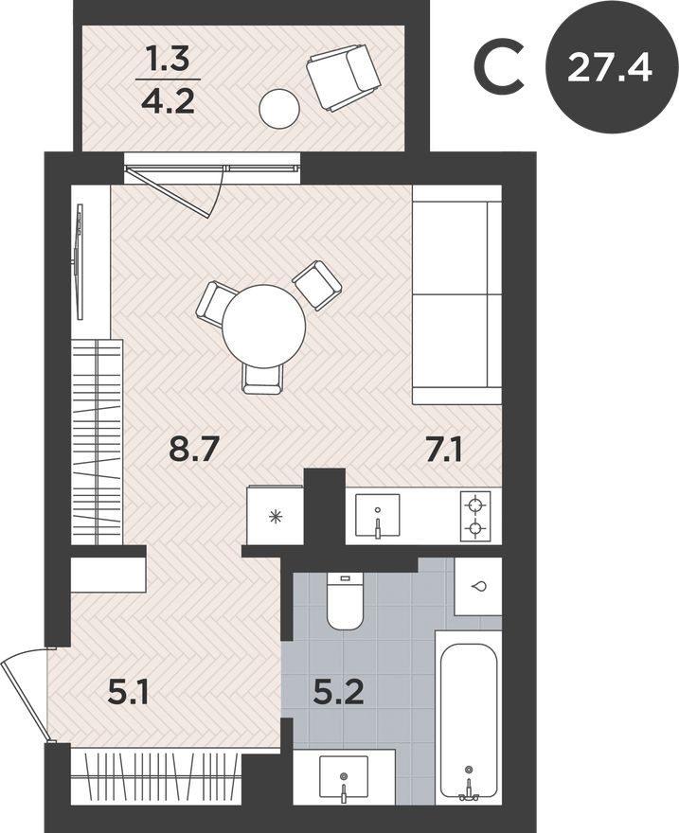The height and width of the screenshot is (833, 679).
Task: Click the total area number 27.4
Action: [610, 67]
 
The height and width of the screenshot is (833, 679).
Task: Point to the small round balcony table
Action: [280, 109]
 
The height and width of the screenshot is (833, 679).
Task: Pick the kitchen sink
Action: [377, 517]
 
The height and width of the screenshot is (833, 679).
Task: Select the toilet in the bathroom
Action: [346, 602]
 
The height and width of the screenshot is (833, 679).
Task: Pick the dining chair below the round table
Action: [261, 378]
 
